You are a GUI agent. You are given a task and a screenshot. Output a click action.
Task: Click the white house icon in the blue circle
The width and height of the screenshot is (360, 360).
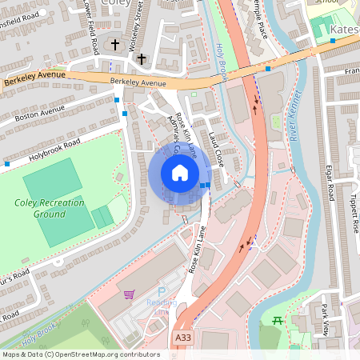(180, 172)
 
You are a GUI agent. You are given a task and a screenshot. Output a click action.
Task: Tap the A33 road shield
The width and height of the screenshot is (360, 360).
(183, 339)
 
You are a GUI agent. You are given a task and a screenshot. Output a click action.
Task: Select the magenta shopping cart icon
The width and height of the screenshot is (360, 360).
(129, 294)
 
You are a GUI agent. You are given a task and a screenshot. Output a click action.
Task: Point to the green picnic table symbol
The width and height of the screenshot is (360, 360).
(278, 321)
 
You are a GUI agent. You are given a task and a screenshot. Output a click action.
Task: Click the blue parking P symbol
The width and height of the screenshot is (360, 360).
(162, 293)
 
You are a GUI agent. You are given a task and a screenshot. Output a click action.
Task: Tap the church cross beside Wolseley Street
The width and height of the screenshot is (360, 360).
(142, 58)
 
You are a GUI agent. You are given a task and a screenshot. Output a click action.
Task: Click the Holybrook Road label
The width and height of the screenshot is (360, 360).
(47, 149)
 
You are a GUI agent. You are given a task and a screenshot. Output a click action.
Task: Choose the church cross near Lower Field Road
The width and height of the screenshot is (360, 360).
(115, 45)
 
